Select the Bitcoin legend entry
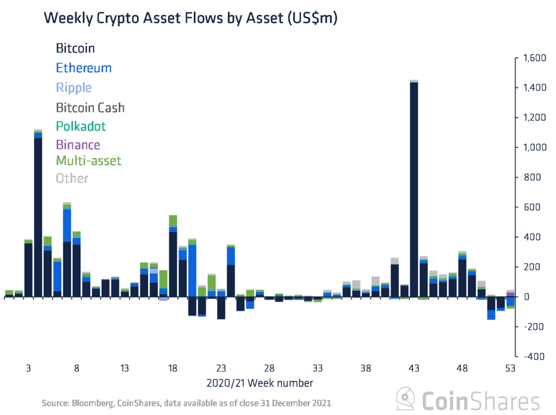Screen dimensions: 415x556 (x=75, y=48)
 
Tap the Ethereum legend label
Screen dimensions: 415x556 (x=84, y=68)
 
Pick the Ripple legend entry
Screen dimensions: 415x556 (x=74, y=87)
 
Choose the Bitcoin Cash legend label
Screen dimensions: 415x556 (x=91, y=107)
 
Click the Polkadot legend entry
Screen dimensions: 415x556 (x=81, y=127)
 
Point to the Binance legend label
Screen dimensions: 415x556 (x=78, y=145)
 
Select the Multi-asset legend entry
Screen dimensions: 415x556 (x=89, y=161)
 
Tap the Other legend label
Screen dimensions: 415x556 (x=72, y=178)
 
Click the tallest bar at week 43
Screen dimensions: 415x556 (x=414, y=190)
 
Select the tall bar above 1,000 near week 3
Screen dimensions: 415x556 (x=38, y=217)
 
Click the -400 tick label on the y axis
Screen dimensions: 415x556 (x=535, y=356)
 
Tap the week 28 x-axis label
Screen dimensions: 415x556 (x=269, y=368)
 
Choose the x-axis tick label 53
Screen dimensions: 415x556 (x=510, y=368)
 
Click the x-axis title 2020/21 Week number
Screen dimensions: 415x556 (x=260, y=383)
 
